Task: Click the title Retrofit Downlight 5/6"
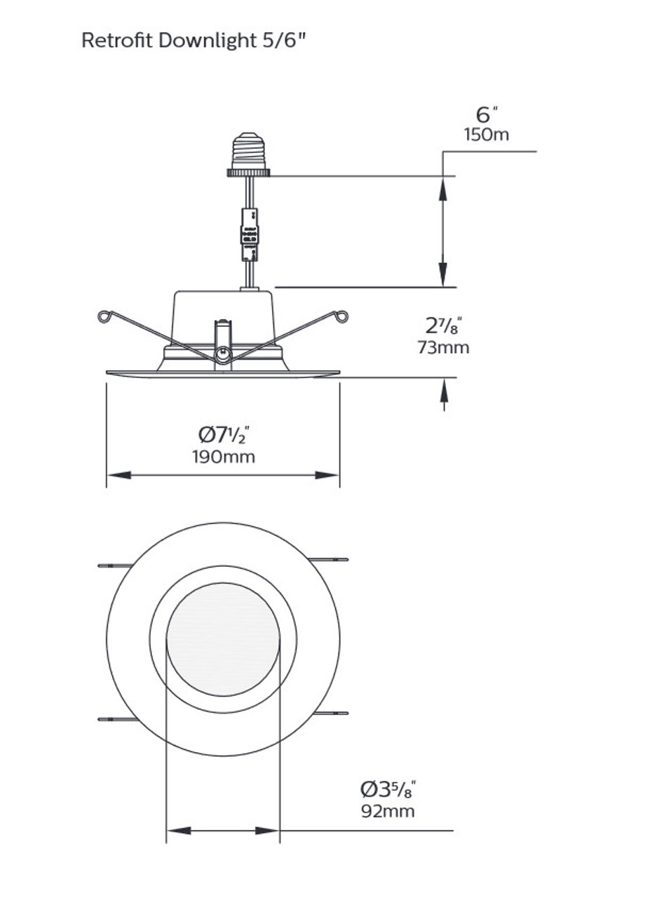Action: point(194,41)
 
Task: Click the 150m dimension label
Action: point(486,135)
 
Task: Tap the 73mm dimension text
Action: point(443,347)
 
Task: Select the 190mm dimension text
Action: point(224,457)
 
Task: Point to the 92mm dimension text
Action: point(388,812)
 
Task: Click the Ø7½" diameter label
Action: point(224,435)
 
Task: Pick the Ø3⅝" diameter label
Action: point(388,790)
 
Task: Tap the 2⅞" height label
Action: point(444,326)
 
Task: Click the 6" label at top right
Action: point(487,114)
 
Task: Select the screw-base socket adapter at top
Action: point(248,153)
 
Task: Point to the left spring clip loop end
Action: point(105,316)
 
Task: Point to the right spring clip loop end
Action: point(341,316)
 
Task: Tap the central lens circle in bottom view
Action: point(223,639)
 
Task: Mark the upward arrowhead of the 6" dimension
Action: point(442,188)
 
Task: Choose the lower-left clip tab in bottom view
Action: point(116,719)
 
